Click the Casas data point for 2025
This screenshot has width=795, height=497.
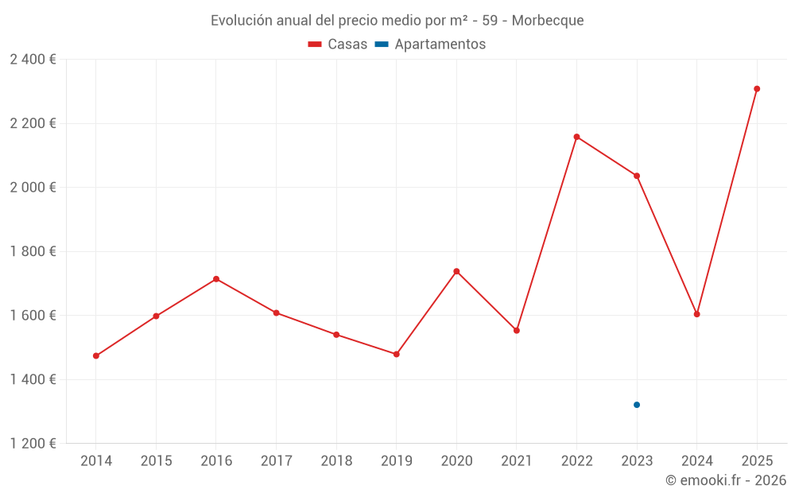pos(757,89)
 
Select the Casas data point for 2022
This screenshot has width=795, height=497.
pos(576,137)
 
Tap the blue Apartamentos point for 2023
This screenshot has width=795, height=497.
pos(637,405)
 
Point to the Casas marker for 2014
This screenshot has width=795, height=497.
pos(96,355)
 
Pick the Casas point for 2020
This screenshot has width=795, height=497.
pos(456,271)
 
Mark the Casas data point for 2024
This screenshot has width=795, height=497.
pos(696,314)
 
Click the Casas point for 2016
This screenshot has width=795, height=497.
pos(216,279)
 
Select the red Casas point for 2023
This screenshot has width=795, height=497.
pos(637,176)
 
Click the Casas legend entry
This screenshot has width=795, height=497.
pos(338,45)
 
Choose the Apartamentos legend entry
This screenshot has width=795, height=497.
pos(430,45)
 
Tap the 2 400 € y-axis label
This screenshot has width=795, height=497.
pos(33,60)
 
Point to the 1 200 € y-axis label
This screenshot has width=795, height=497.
pos(33,444)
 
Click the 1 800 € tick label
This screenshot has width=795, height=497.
pos(33,251)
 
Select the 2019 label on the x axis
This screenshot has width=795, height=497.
pos(396,461)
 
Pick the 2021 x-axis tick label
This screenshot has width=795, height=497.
pos(517,461)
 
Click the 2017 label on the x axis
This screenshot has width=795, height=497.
pos(276,461)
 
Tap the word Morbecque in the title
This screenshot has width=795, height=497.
pos(548,21)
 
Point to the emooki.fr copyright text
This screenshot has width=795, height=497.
pos(725,480)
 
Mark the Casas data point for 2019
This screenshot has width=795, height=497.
pos(396,354)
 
